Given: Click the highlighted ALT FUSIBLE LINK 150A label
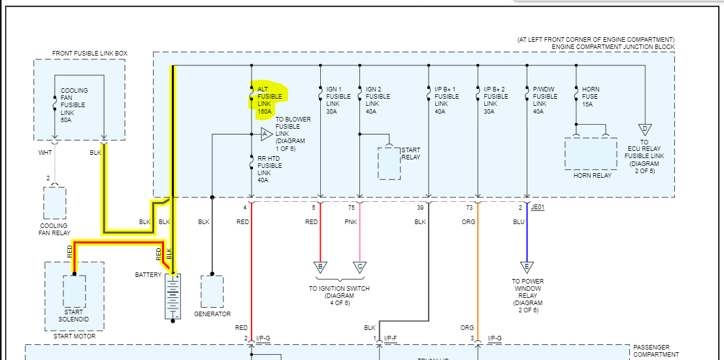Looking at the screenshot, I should tap(269, 100).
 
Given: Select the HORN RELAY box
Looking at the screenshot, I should tap(590, 154).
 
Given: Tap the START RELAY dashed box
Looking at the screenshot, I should tap(389, 163).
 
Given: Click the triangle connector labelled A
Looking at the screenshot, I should tap(266, 134).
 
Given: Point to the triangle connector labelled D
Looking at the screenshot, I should tap(644, 129).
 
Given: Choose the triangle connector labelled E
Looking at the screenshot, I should tap(527, 267).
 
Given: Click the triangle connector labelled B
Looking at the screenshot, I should tap(320, 267).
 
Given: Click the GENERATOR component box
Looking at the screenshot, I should tap(212, 291).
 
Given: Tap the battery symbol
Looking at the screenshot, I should tap(173, 297).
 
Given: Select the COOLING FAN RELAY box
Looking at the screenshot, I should tap(55, 203).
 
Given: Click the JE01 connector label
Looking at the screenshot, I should tap(538, 207).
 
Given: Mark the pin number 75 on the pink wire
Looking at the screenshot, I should tap(351, 208).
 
